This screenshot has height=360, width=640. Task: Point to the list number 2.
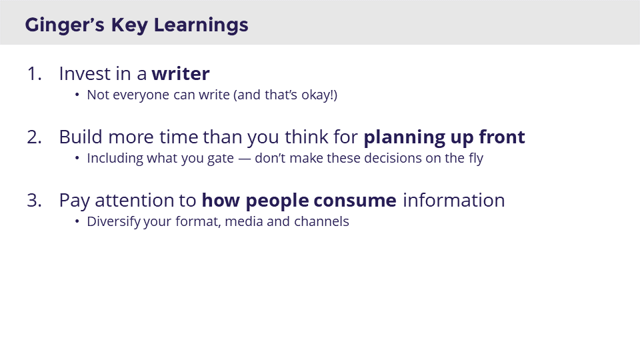[34, 137]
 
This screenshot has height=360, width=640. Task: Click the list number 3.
[34, 200]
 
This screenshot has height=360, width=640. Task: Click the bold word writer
[180, 73]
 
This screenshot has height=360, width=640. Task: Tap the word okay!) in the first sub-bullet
[316, 95]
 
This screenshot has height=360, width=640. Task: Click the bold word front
[502, 137]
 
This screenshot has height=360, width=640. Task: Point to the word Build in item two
[81, 137]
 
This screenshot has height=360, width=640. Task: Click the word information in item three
[453, 200]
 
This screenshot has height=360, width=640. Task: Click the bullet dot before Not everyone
[77, 95]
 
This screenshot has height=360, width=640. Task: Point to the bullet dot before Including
[77, 159]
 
